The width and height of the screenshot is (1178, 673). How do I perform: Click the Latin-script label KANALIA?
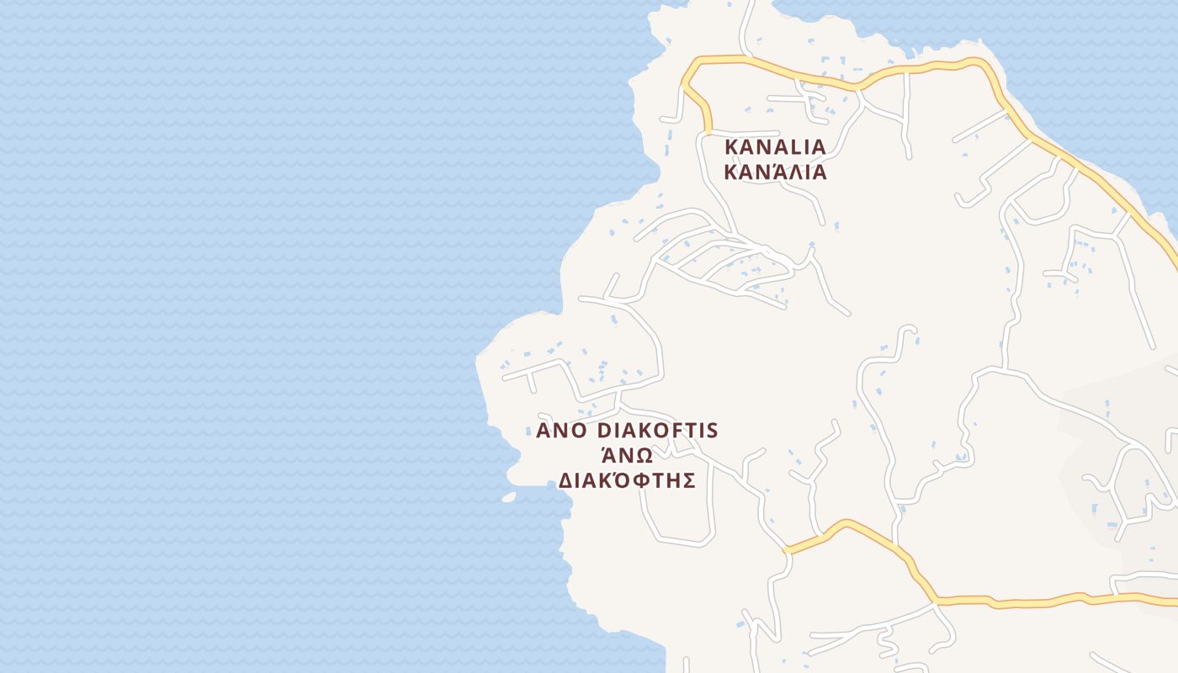[x=775, y=146]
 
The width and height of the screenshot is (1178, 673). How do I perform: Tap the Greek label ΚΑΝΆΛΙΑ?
[x=775, y=172]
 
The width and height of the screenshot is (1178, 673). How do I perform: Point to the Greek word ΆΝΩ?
[x=627, y=455]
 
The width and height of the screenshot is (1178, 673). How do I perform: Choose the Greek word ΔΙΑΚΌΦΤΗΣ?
[x=627, y=480]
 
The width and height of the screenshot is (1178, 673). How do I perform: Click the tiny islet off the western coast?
[x=508, y=497]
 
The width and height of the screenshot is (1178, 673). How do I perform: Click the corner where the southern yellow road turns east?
[x=934, y=601]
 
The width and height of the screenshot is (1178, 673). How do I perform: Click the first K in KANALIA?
[x=731, y=146]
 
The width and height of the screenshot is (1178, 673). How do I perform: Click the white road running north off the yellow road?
[x=746, y=25]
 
